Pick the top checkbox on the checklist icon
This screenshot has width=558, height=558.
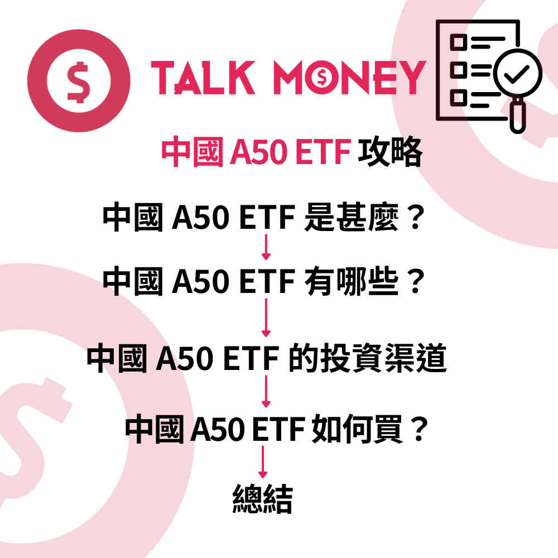459,41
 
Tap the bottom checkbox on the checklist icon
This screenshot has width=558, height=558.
459,97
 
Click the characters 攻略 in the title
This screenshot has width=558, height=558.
390,152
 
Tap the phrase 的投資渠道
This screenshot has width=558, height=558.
368,359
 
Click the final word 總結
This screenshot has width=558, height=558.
262,499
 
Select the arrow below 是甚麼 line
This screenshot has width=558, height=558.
266,247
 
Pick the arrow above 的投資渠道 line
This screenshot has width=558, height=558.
266,318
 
